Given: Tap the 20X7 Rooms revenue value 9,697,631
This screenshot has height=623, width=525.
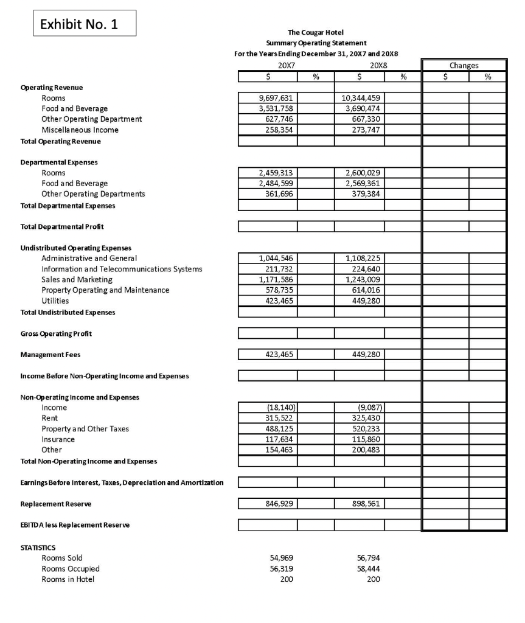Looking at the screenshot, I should click(275, 97).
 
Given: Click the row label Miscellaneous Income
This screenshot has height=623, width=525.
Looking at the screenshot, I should click(80, 130).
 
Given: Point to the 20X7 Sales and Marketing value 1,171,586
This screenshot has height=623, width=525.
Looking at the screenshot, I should click(275, 279).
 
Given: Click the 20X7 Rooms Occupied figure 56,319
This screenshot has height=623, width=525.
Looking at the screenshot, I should click(278, 569).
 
